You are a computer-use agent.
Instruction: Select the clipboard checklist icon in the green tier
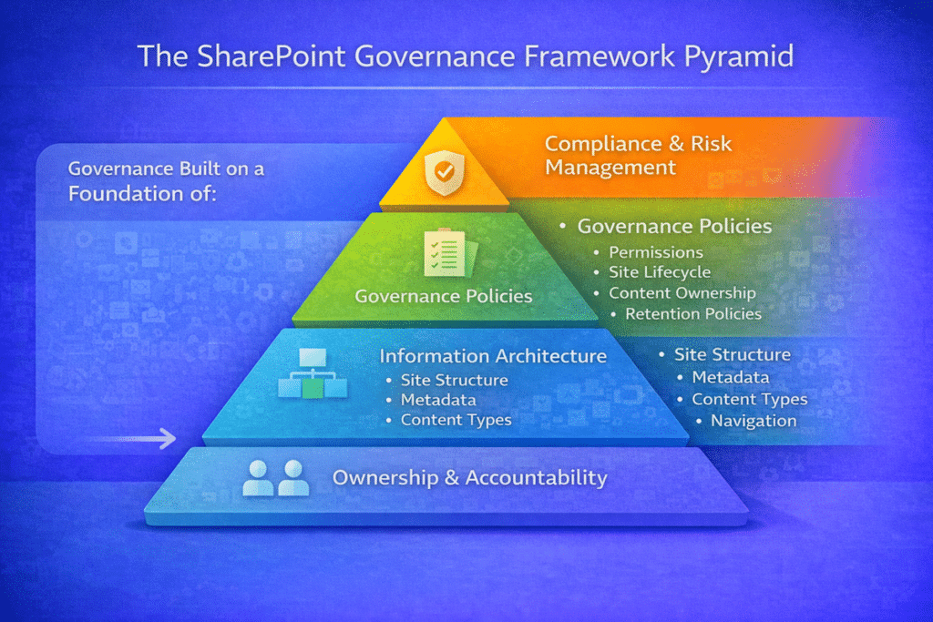pyautogui.click(x=444, y=250)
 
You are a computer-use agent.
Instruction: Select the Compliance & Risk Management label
pyautogui.click(x=638, y=155)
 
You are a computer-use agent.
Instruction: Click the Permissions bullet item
pyautogui.click(x=655, y=251)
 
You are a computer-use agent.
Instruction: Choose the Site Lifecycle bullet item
pyautogui.click(x=659, y=272)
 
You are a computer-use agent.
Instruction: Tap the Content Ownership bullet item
pyautogui.click(x=682, y=293)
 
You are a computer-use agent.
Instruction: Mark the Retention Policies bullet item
pyautogui.click(x=692, y=314)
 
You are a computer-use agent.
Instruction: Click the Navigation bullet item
pyautogui.click(x=753, y=420)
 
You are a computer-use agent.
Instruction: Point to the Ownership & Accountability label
pyautogui.click(x=469, y=477)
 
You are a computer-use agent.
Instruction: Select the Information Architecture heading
pyautogui.click(x=493, y=355)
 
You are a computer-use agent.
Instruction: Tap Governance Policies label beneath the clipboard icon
pyautogui.click(x=443, y=296)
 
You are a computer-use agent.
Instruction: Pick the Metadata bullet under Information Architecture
pyautogui.click(x=437, y=400)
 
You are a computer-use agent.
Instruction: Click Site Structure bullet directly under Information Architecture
pyautogui.click(x=454, y=380)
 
